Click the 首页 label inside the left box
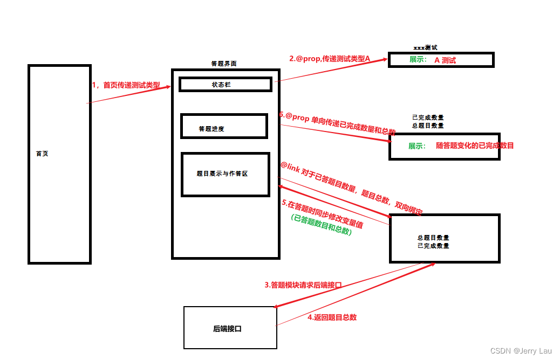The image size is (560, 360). [42, 154]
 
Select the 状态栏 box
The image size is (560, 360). [225, 85]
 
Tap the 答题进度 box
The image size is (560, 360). [224, 127]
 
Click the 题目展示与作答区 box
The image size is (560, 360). [225, 175]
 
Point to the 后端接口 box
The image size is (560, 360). [230, 328]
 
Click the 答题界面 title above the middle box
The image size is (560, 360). [223, 64]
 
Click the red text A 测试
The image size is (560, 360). [445, 60]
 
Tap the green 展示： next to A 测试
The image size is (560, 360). [418, 60]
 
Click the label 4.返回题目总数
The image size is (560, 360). [332, 317]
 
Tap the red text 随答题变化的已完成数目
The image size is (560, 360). [475, 146]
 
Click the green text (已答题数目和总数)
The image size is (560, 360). [321, 225]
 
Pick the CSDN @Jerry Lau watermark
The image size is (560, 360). [521, 351]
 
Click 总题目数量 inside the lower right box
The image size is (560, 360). [433, 238]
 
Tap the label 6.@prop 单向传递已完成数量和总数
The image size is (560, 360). [337, 123]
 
